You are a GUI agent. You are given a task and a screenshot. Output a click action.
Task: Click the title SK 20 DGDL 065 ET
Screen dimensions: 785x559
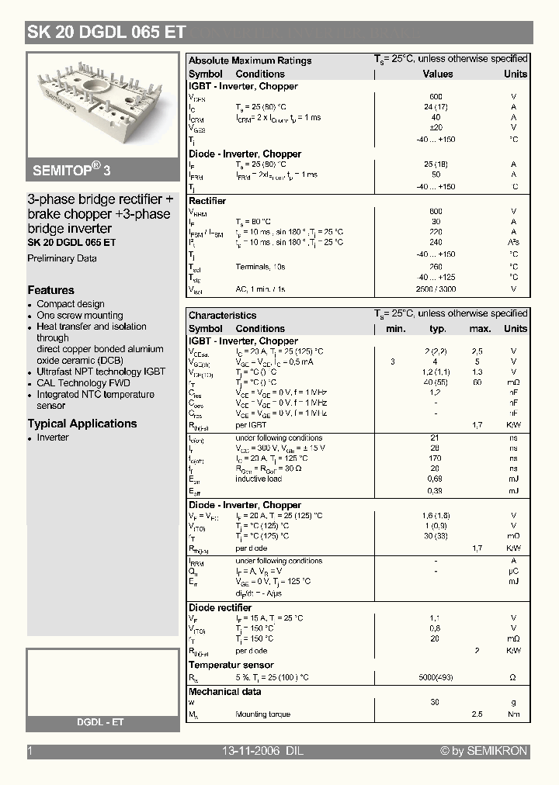point(106,32)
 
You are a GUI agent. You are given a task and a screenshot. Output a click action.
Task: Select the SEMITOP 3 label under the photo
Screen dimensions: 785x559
point(71,170)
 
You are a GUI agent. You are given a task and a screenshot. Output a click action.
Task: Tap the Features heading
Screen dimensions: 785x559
point(51,290)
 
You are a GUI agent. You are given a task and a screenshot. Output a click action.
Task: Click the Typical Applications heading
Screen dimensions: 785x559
point(82,424)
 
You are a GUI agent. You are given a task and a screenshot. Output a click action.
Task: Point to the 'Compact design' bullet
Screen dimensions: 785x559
point(71,304)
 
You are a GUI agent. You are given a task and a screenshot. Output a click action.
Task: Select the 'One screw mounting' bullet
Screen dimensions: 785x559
point(80,316)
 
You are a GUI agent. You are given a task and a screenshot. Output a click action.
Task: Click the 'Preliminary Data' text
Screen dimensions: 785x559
point(62,258)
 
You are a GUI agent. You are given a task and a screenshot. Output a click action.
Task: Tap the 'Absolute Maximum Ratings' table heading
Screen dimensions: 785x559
point(250,61)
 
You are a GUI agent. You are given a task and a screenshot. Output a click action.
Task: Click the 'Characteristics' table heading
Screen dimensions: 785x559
point(222,316)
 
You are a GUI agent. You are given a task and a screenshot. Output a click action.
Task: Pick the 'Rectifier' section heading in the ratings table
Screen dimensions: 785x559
point(207,201)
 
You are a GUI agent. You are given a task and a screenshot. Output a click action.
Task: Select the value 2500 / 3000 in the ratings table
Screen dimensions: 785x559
point(435,289)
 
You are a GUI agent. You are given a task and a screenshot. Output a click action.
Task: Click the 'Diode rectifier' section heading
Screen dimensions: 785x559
point(220,607)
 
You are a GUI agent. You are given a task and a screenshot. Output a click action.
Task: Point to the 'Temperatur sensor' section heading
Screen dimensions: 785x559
point(231,665)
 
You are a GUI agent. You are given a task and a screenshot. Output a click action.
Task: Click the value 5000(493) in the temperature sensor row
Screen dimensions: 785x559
point(436,677)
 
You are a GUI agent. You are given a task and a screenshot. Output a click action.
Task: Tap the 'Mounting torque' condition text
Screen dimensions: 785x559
point(262,714)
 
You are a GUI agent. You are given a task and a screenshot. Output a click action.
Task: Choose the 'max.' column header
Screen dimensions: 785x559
point(480,329)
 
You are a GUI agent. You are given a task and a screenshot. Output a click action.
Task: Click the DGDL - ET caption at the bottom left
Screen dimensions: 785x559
point(100,722)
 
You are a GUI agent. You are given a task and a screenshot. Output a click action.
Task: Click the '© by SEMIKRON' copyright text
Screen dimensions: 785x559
point(484,751)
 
